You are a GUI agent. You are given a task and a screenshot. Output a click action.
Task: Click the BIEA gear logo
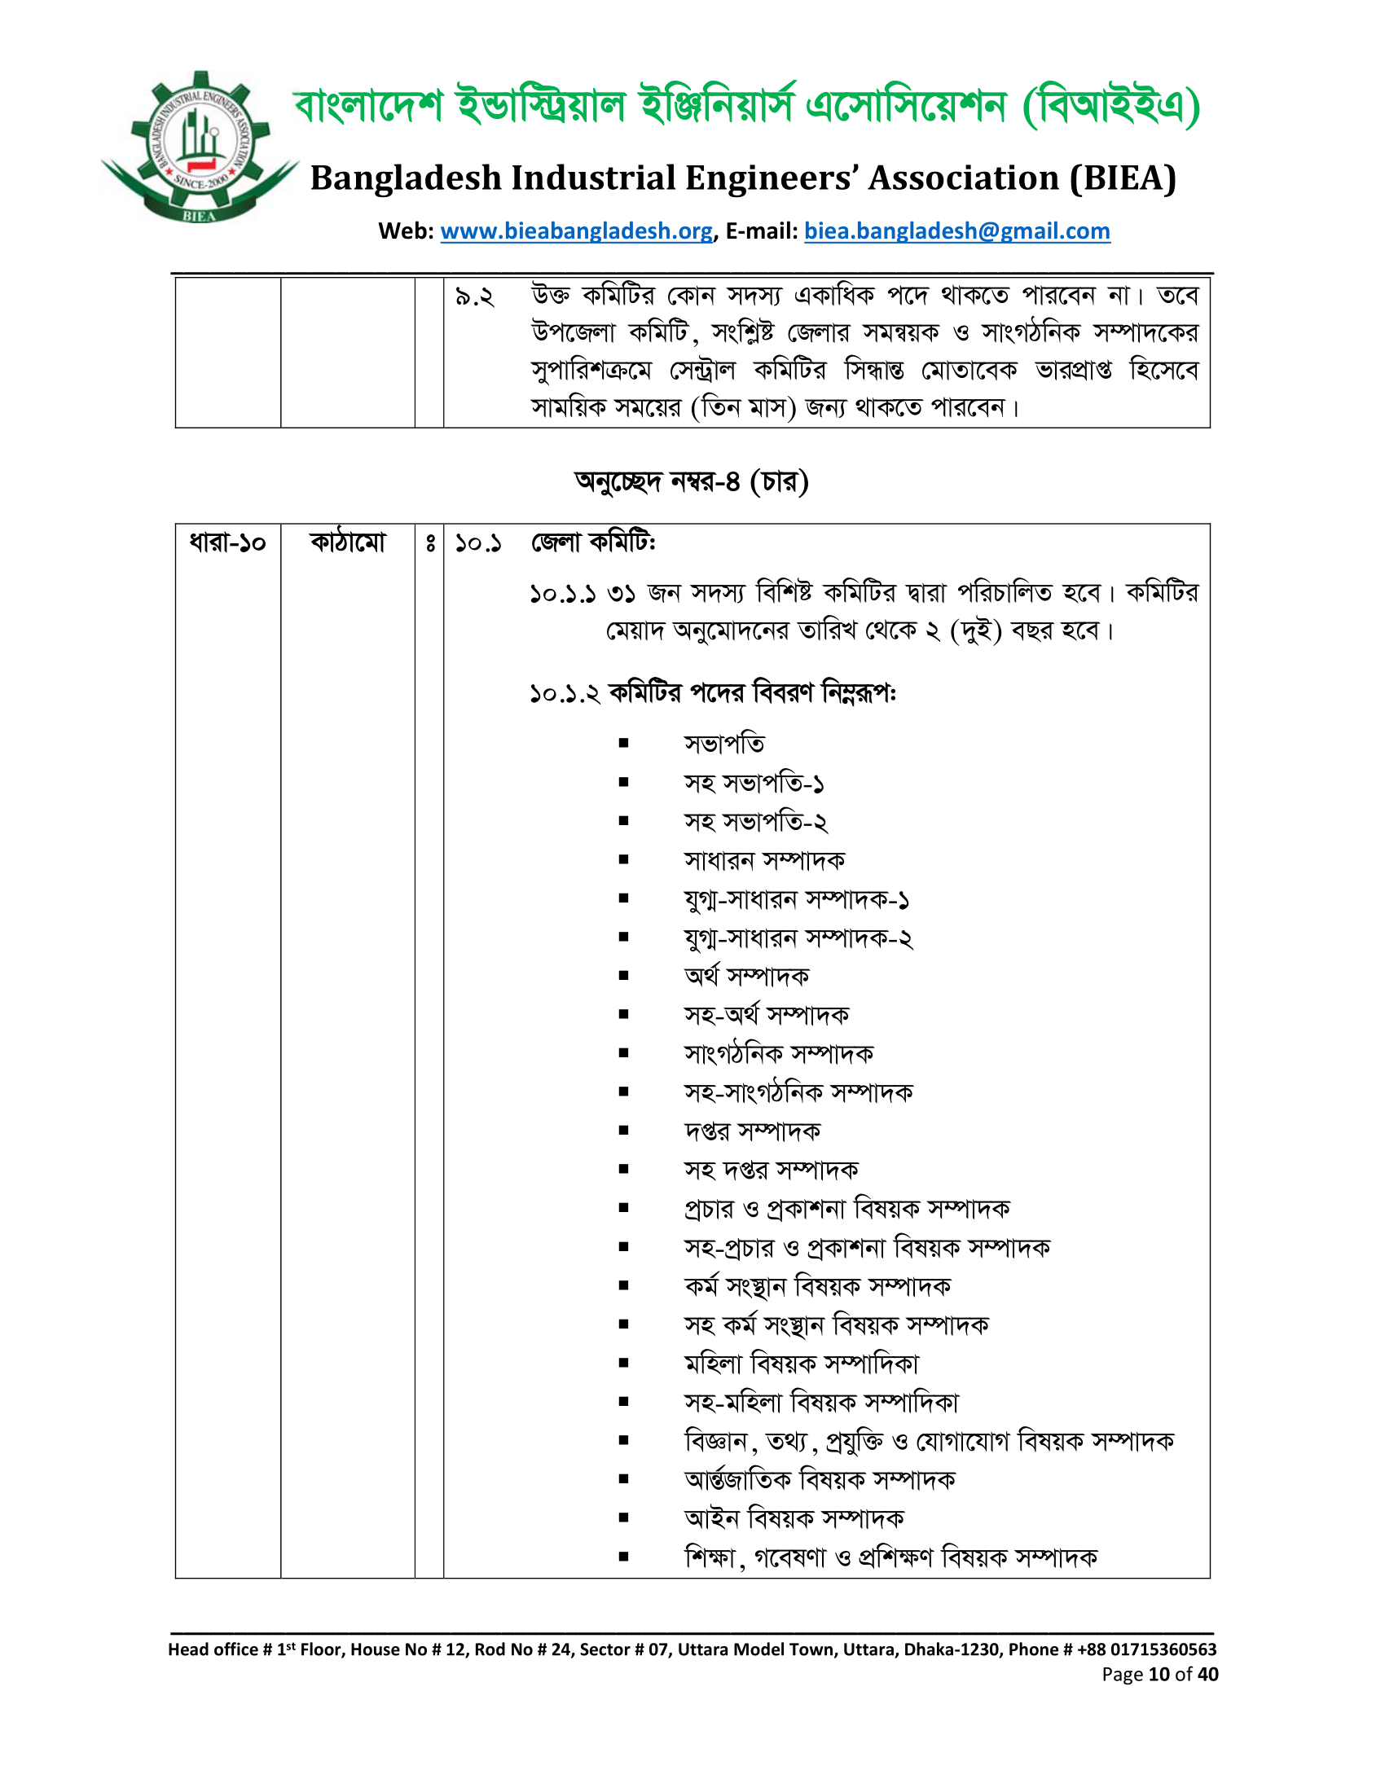pyautogui.click(x=199, y=147)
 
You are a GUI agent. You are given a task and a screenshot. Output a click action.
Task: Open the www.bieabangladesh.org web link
pyautogui.click(x=576, y=231)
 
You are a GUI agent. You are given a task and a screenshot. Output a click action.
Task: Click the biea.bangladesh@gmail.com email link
pyautogui.click(x=956, y=231)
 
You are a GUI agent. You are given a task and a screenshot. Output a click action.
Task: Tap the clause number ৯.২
pyautogui.click(x=474, y=297)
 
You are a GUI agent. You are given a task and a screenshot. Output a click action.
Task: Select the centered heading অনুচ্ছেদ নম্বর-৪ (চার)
pyautogui.click(x=692, y=481)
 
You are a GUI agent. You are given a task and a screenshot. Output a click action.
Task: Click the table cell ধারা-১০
pyautogui.click(x=227, y=543)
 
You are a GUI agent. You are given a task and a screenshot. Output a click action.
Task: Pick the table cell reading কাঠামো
pyautogui.click(x=348, y=543)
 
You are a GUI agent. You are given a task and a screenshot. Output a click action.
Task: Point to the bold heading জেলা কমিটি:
pyautogui.click(x=593, y=543)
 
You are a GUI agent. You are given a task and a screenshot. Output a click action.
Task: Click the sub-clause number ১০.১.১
pyautogui.click(x=563, y=593)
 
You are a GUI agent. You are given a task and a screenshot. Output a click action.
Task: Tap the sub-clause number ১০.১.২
pyautogui.click(x=565, y=694)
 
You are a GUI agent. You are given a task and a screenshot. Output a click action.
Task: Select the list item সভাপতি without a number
pyautogui.click(x=724, y=744)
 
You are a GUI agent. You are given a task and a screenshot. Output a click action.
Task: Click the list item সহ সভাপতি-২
pyautogui.click(x=756, y=822)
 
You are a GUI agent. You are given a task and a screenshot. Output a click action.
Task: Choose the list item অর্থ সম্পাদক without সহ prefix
pyautogui.click(x=746, y=977)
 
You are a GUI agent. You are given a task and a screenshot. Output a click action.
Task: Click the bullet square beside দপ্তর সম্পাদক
pyautogui.click(x=623, y=1131)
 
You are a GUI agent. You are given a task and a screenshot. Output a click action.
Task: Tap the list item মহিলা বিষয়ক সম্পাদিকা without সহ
pyautogui.click(x=802, y=1364)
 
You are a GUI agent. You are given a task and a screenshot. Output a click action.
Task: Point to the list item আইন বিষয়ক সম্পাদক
pyautogui.click(x=794, y=1519)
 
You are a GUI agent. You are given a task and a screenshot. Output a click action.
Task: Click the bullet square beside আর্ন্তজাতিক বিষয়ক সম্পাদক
pyautogui.click(x=623, y=1479)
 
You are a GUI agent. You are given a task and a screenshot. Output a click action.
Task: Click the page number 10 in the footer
pyautogui.click(x=1159, y=1675)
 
